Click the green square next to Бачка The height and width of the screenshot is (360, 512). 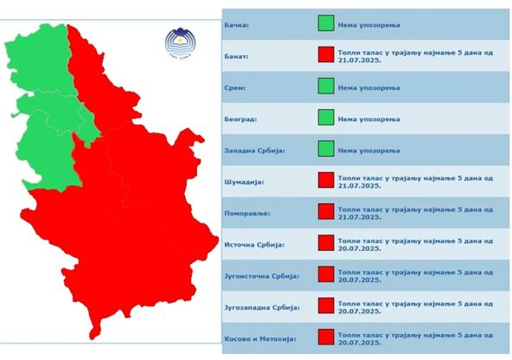(326, 25)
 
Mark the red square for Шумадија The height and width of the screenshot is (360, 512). (326, 181)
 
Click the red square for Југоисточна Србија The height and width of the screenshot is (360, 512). (326, 274)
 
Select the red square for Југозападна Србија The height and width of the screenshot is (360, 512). (326, 305)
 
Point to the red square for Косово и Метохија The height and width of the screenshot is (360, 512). (326, 337)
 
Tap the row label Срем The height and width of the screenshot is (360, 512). (235, 88)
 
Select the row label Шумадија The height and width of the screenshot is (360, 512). (242, 183)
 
